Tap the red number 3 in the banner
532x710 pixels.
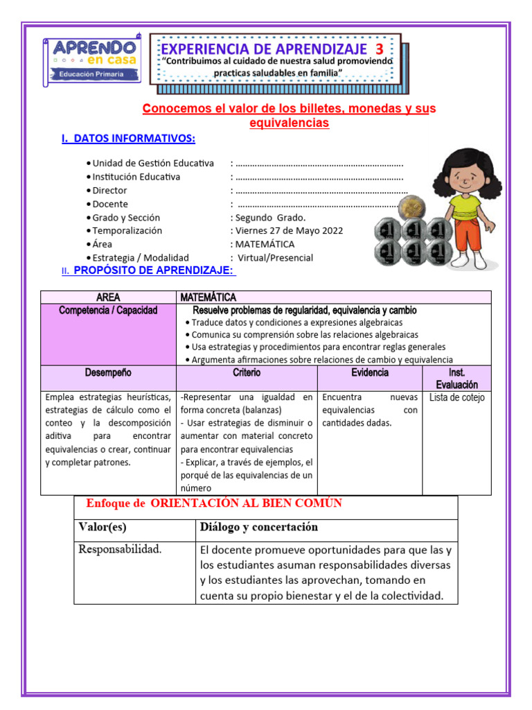coord(379,49)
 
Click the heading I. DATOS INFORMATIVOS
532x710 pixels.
coord(128,139)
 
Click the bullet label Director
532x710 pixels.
coord(109,190)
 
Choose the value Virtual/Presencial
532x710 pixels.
coord(275,257)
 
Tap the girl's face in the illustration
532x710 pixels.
coord(460,177)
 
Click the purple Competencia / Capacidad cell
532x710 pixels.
coord(109,311)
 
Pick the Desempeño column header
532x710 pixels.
coord(108,373)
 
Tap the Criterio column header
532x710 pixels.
coord(247,373)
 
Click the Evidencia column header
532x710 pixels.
coord(370,373)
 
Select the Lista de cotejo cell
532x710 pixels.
coord(456,397)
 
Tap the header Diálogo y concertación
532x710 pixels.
coord(259,527)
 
